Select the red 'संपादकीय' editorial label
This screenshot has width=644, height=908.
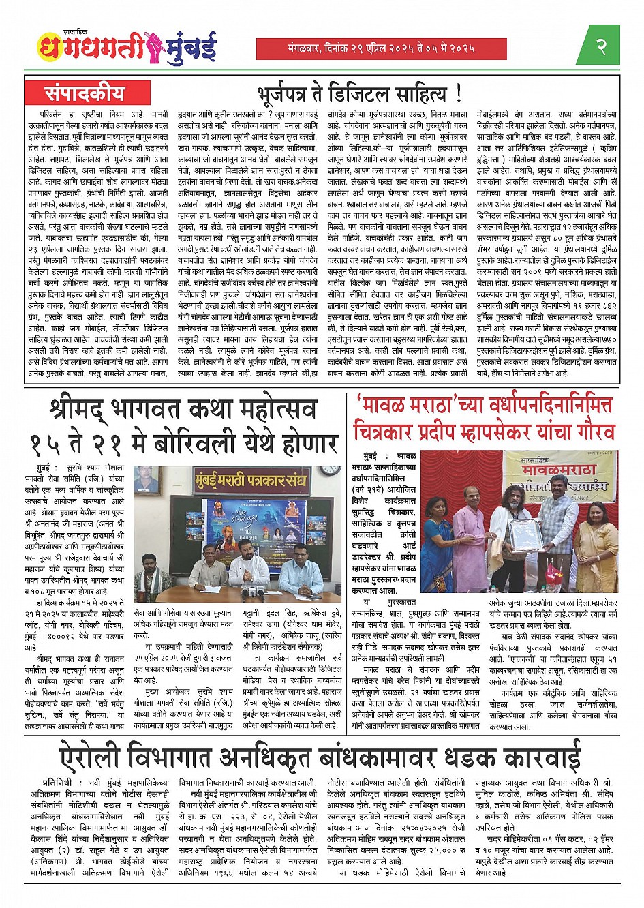pos(85,93)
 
